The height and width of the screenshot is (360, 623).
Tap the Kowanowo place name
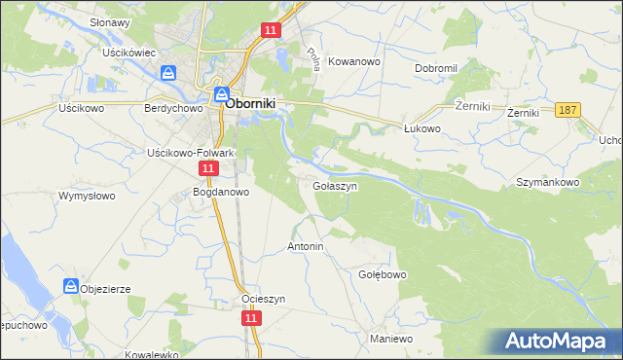[x=355, y=60]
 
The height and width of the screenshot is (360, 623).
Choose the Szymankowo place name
[x=548, y=182]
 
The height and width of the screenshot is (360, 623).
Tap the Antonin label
[x=305, y=247]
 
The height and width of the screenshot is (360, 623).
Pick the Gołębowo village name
[x=382, y=274]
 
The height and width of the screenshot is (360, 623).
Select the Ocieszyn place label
[x=264, y=299]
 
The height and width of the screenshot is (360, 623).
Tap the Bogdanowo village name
[x=222, y=192]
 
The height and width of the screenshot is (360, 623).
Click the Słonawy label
[x=110, y=21]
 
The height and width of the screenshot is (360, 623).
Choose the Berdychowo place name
[x=171, y=109]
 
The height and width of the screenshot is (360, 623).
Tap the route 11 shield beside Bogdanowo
[x=207, y=168]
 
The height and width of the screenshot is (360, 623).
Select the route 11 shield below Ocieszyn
[x=251, y=317]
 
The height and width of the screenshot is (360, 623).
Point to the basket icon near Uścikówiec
[x=169, y=73]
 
